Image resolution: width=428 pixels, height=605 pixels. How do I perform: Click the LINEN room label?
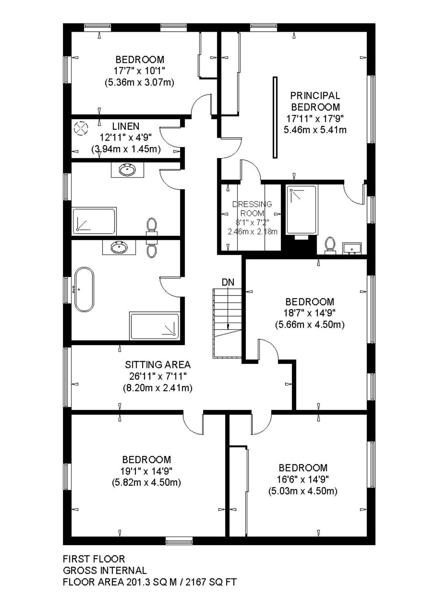126,126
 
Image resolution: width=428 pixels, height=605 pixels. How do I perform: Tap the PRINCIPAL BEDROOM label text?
315,101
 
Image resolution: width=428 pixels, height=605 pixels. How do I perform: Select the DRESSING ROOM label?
252,208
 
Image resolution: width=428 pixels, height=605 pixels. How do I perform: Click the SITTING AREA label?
158,365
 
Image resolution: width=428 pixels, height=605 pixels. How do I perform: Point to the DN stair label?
228,282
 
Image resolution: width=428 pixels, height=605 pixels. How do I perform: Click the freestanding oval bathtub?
84,289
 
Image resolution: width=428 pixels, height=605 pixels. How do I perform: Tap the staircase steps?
227,323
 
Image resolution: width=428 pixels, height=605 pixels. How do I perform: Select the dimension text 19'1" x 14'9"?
146,471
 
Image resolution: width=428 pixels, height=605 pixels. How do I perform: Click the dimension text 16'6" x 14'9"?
303,479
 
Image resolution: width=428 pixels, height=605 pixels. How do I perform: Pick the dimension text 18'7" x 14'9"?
310,313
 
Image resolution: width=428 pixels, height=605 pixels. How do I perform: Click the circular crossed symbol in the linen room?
81,128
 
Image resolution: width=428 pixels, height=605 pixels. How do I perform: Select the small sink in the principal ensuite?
352,248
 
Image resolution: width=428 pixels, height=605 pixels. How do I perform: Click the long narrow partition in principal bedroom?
275,118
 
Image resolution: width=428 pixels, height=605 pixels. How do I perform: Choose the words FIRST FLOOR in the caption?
94,558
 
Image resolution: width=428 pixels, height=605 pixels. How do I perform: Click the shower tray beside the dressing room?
302,210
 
